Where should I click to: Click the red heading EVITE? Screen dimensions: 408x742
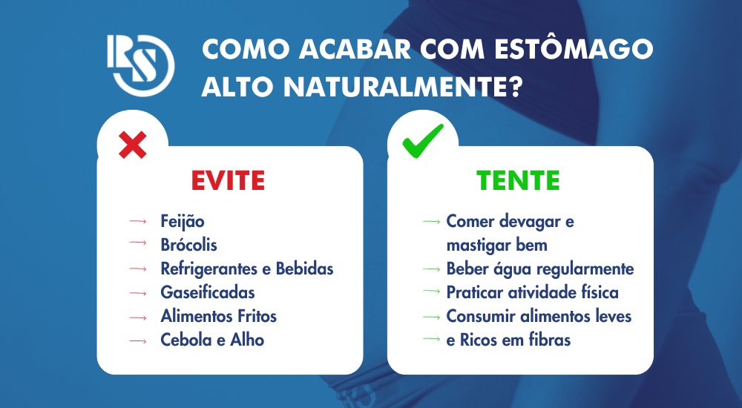(228, 180)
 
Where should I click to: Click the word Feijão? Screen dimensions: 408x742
(183, 221)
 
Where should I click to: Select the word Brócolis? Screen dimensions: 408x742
(189, 245)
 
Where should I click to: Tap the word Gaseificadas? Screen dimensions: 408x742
(208, 292)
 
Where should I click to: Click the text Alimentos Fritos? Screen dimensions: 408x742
(219, 316)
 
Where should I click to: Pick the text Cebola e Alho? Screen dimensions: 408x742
(212, 340)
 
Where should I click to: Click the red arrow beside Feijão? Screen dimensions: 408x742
(137, 221)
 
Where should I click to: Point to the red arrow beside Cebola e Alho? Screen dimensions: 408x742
(137, 340)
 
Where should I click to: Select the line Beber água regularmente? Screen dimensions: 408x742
(540, 269)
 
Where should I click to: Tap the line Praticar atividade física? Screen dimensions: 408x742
(532, 292)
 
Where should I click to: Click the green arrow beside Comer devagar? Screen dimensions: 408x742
(431, 221)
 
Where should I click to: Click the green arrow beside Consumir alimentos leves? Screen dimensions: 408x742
(431, 316)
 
